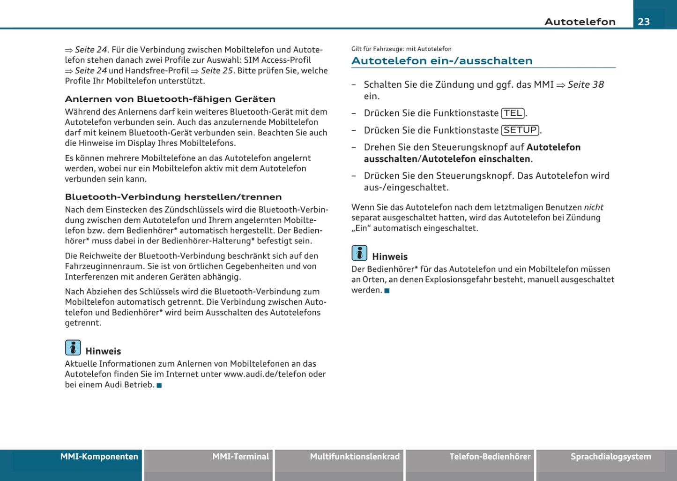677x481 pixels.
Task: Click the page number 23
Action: [x=644, y=22]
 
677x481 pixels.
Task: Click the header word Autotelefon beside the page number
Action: [x=580, y=22]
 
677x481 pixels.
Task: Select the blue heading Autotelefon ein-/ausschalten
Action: [x=442, y=61]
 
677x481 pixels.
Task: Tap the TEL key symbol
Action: [x=513, y=113]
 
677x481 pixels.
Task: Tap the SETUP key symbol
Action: [x=520, y=130]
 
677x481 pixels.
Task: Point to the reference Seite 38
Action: [x=585, y=85]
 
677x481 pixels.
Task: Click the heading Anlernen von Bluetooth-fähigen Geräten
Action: [x=170, y=99]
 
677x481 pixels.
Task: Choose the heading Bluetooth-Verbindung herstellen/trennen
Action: [x=173, y=197]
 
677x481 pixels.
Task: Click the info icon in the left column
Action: [x=73, y=348]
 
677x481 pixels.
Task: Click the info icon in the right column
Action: [x=359, y=253]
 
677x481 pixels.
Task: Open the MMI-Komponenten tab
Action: [x=99, y=457]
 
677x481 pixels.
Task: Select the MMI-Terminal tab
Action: [x=240, y=457]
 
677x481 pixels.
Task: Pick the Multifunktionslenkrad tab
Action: [x=355, y=457]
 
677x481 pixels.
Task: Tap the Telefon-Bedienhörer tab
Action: [x=490, y=457]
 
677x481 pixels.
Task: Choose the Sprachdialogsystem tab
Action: [x=610, y=457]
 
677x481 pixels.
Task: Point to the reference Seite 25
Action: [x=216, y=71]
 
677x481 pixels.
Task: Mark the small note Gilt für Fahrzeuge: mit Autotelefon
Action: [x=402, y=49]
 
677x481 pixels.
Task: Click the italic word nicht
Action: [x=594, y=207]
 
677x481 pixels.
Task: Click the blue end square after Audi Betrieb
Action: [x=159, y=385]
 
